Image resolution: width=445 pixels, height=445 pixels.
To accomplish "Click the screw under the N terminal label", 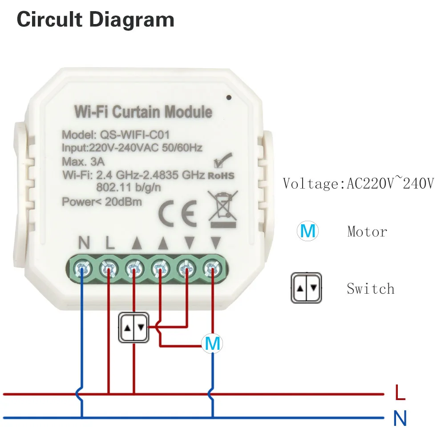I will (x=82, y=267).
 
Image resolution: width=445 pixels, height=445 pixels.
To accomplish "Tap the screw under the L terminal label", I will (x=108, y=267).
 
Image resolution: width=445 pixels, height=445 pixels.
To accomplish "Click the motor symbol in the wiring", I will (x=212, y=344).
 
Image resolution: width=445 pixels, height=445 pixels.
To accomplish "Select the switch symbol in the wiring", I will (x=134, y=328).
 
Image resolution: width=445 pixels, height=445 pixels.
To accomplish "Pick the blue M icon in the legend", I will (x=307, y=231).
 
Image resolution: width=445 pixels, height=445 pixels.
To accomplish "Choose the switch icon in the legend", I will (x=307, y=288).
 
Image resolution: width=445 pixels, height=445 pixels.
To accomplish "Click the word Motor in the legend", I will (x=367, y=231).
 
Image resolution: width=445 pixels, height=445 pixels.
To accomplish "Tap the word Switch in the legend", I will (x=371, y=289).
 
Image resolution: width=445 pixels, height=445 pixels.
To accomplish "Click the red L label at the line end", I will (x=400, y=393).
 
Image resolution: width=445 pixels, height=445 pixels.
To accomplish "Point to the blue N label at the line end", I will (x=400, y=418).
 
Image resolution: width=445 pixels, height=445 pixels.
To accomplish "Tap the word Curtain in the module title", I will (x=136, y=112).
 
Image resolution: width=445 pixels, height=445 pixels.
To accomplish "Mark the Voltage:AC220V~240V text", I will (x=358, y=183).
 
